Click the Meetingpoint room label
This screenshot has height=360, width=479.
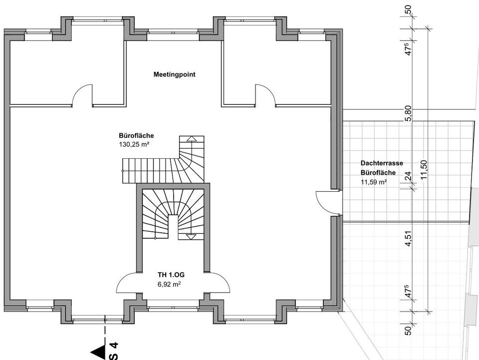tap(174, 75)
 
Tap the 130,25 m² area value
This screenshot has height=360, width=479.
tap(135, 144)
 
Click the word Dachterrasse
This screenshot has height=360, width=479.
tap(381, 163)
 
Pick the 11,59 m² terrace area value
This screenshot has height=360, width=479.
tap(374, 182)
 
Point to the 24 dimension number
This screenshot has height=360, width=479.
tap(408, 176)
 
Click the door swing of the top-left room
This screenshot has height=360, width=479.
tap(82, 95)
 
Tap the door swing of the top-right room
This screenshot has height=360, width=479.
tap(264, 95)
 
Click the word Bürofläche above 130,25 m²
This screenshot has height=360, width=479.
tap(136, 136)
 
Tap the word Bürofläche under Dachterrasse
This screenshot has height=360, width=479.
tap(378, 173)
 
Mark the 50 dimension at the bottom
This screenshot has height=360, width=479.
tap(408, 330)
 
